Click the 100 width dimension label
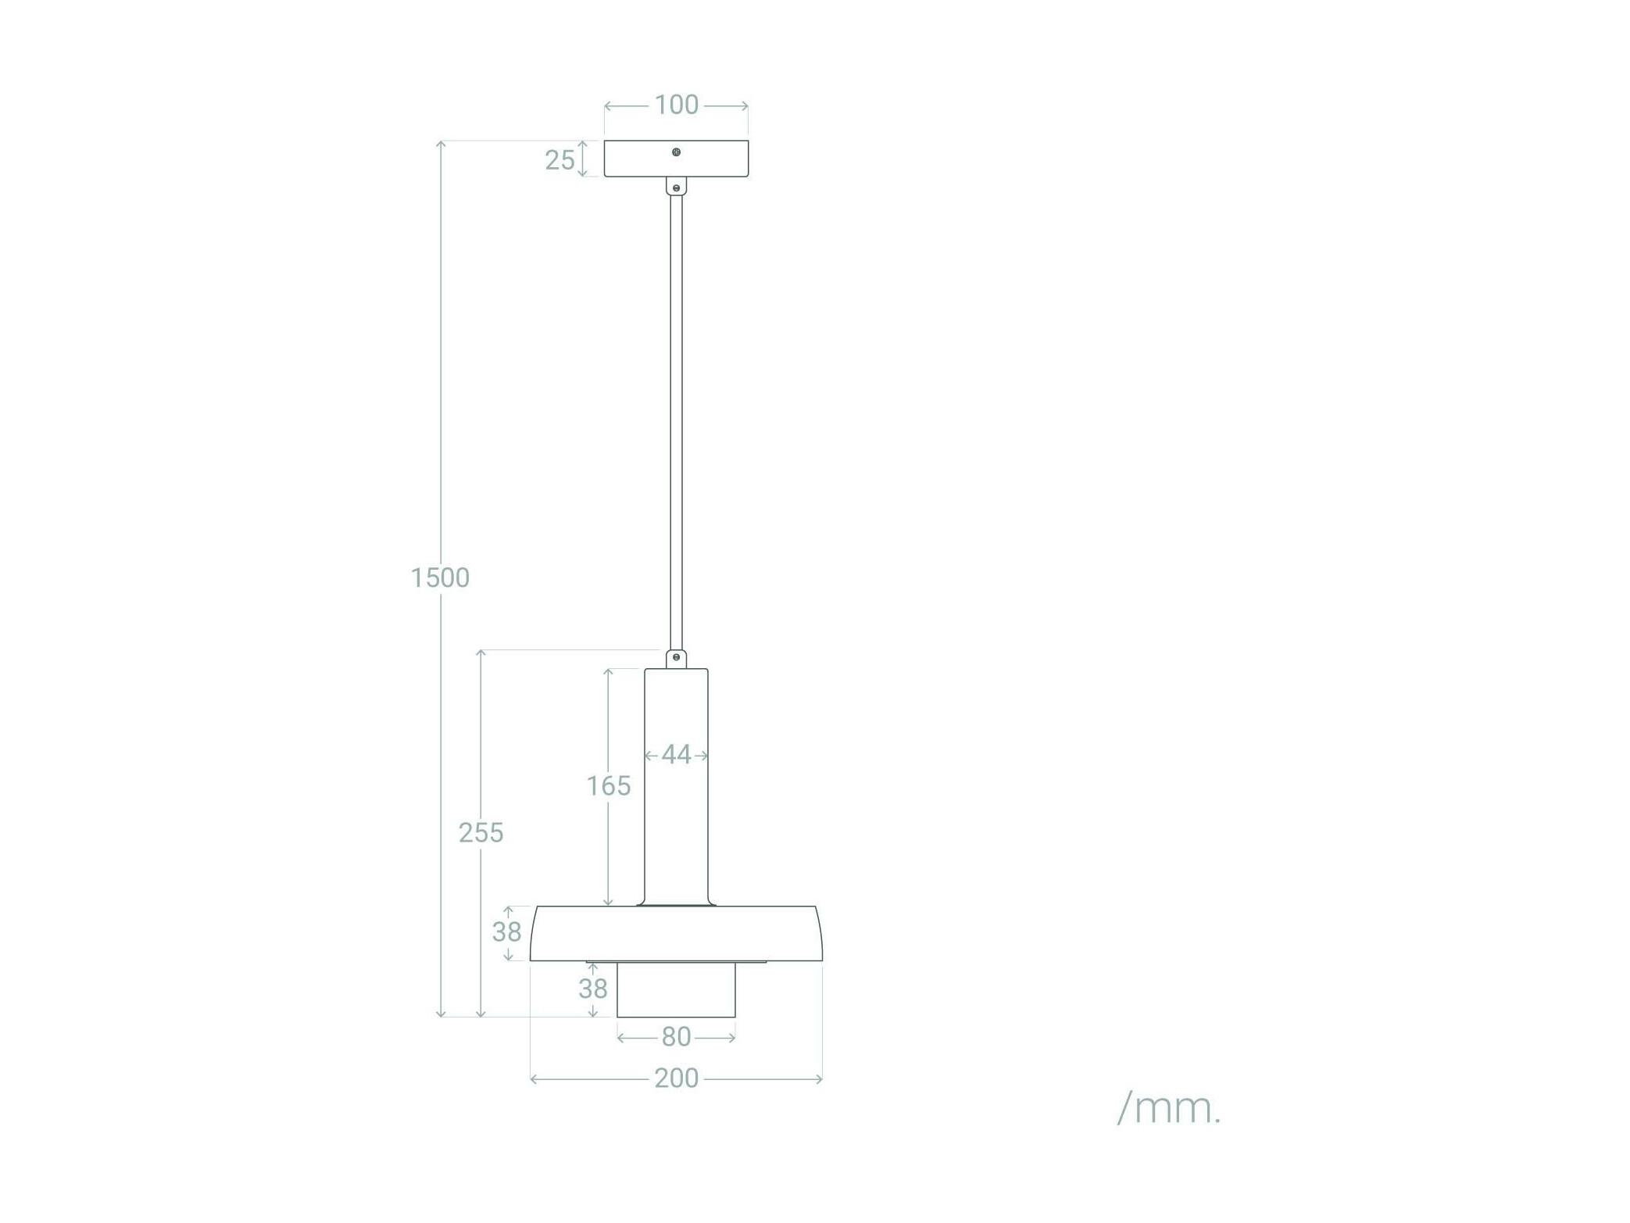click(676, 105)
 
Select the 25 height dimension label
click(559, 160)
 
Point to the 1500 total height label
click(440, 578)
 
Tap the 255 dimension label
click(481, 833)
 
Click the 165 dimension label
click(609, 785)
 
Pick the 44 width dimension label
click(677, 755)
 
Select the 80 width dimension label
click(677, 1037)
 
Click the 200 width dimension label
click(677, 1078)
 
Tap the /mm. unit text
click(1169, 1108)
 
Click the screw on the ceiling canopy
click(676, 152)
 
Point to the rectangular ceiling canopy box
click(676, 159)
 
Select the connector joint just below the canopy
click(676, 186)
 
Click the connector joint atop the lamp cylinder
click(676, 659)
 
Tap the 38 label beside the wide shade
click(506, 932)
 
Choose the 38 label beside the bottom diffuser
click(593, 989)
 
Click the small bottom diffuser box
click(676, 990)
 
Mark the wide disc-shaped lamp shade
click(676, 934)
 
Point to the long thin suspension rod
click(676, 423)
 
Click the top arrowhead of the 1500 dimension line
click(441, 144)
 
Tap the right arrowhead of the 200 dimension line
click(819, 1079)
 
